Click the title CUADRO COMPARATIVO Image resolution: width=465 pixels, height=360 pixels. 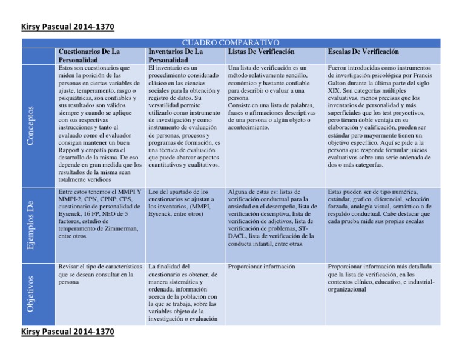pyautogui.click(x=230, y=42)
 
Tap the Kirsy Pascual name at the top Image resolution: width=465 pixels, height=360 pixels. pyautogui.click(x=67, y=27)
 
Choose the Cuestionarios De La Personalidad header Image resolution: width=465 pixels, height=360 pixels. pyautogui.click(x=89, y=56)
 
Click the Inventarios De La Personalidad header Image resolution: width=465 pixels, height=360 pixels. pyautogui.click(x=176, y=56)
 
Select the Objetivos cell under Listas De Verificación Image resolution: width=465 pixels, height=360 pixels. pyautogui.click(x=262, y=267)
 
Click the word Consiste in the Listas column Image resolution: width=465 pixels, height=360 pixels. pyautogui.click(x=242, y=105)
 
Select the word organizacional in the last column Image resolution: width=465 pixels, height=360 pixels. pyautogui.click(x=349, y=290)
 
